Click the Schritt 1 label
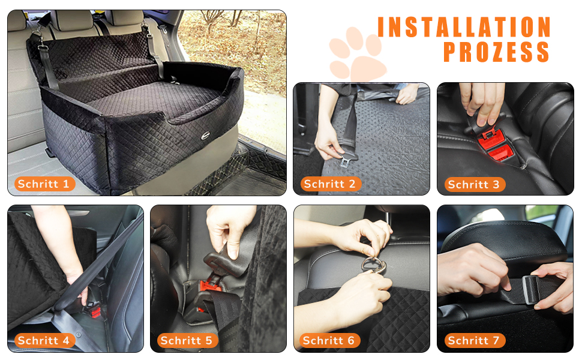click(44, 184)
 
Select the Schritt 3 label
click(475, 184)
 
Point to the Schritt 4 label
click(44, 340)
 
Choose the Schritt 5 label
click(187, 340)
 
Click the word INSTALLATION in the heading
click(464, 27)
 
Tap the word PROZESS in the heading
click(496, 52)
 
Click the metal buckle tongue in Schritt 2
click(346, 161)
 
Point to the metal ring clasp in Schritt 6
click(373, 265)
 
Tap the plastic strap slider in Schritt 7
click(532, 289)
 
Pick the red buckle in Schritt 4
click(95, 310)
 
